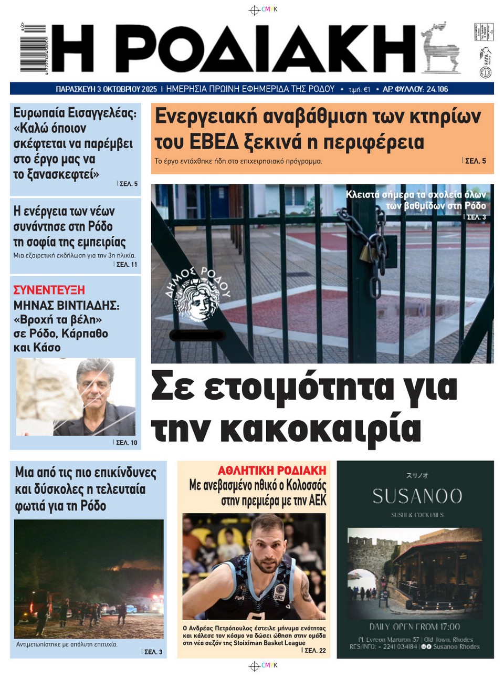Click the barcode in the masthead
pos(33,48)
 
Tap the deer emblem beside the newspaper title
pos(440,48)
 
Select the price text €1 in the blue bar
pos(366,90)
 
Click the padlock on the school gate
pos(366,254)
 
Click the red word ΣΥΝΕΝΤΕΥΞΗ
pos(49,290)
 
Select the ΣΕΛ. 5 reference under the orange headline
pos(475,161)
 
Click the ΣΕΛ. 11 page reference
pos(126,264)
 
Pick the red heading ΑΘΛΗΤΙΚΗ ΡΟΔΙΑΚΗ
pos(272,471)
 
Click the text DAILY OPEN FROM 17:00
pos(415,627)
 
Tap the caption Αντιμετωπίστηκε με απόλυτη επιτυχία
pos(67,644)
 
